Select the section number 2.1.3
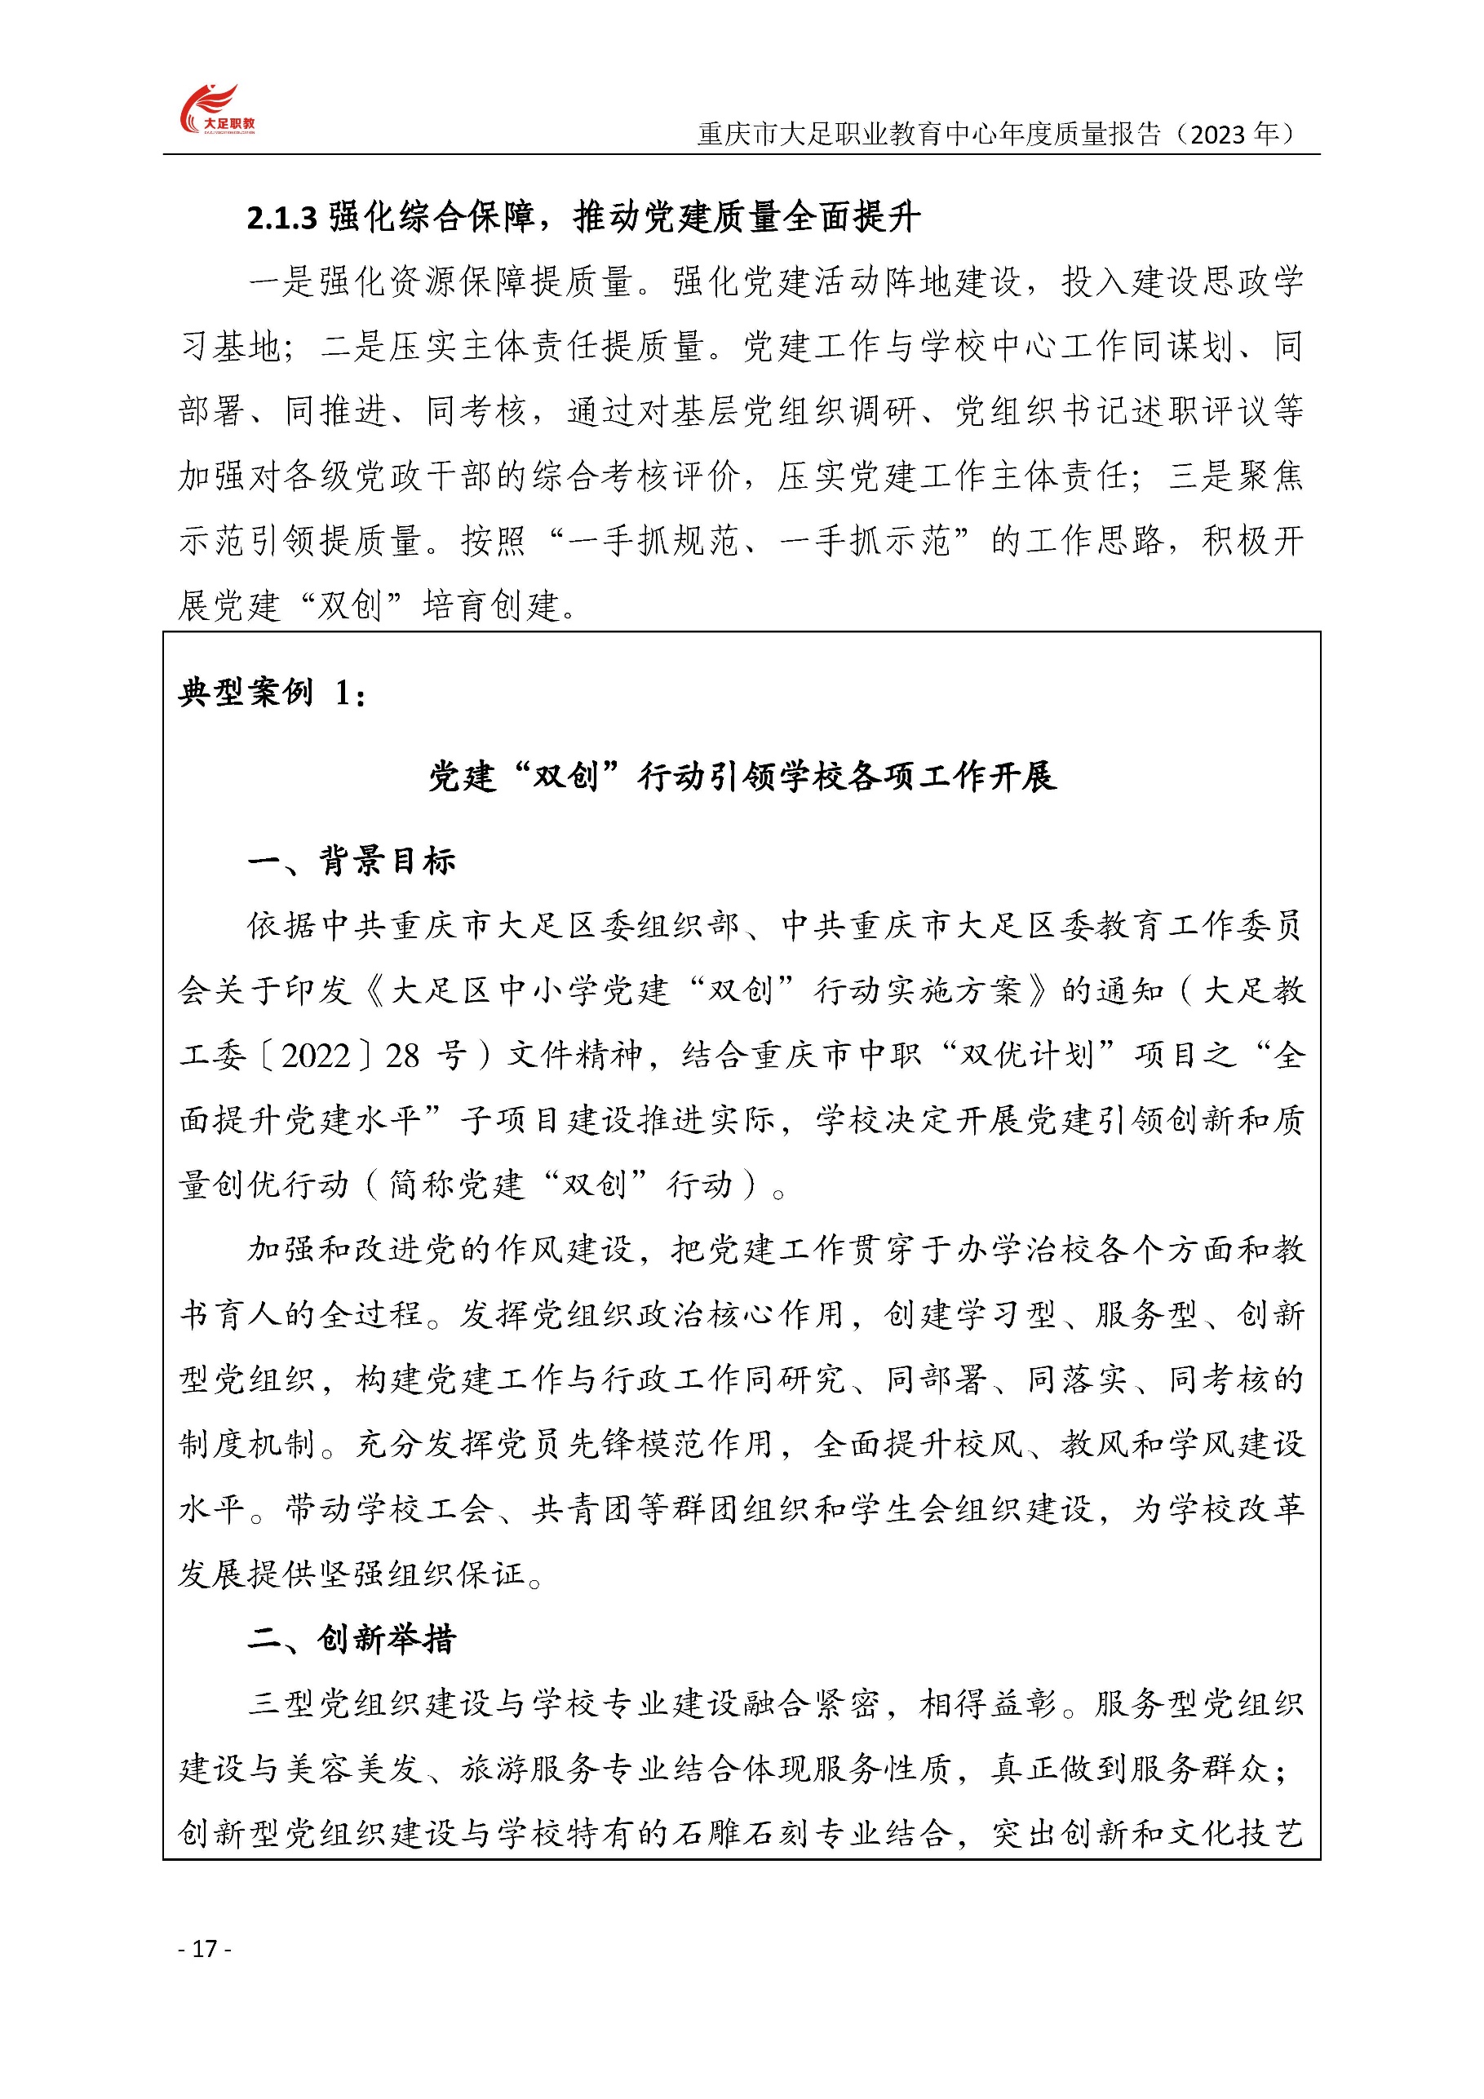click(x=281, y=218)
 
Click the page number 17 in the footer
click(x=205, y=1948)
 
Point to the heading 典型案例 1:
click(x=272, y=692)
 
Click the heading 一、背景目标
click(x=351, y=861)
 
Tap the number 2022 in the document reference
click(x=317, y=1056)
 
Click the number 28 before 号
click(x=402, y=1056)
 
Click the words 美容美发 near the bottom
click(x=355, y=1769)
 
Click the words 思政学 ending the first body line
click(x=1252, y=281)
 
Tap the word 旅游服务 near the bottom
click(x=529, y=1769)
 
